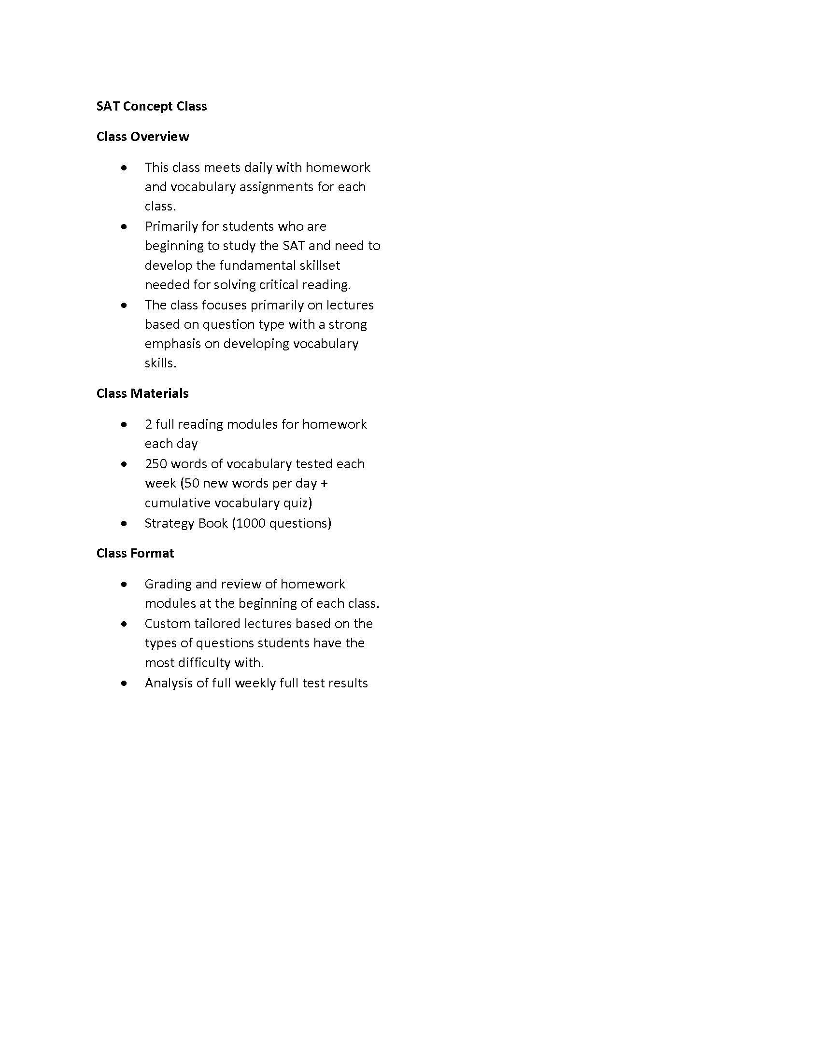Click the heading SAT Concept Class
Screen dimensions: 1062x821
tap(151, 106)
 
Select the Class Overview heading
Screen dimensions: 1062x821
tap(142, 137)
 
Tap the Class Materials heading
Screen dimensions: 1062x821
tap(142, 393)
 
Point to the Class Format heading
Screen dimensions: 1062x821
tap(135, 553)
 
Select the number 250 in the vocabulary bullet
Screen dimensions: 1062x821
tap(156, 464)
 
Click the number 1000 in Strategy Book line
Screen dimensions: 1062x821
tap(251, 523)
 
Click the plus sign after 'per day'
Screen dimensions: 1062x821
tap(325, 484)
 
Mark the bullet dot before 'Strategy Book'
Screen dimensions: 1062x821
tap(125, 523)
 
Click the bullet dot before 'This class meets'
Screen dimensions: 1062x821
tap(125, 168)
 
